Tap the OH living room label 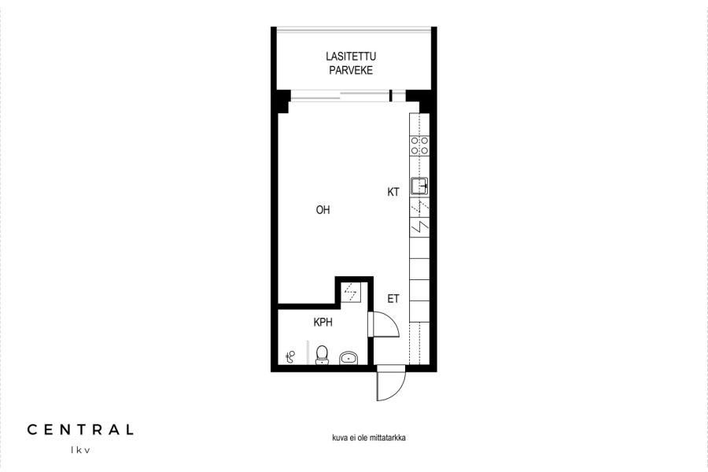pyautogui.click(x=323, y=210)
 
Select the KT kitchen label pyautogui.click(x=393, y=192)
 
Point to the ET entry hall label pyautogui.click(x=393, y=299)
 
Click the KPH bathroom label pyautogui.click(x=323, y=322)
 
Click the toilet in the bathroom pyautogui.click(x=322, y=355)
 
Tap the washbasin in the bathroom pyautogui.click(x=348, y=358)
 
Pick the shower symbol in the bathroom pyautogui.click(x=291, y=357)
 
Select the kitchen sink pyautogui.click(x=419, y=186)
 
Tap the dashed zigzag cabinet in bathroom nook pyautogui.click(x=350, y=292)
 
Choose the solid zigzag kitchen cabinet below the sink pyautogui.click(x=419, y=226)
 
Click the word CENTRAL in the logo pyautogui.click(x=80, y=430)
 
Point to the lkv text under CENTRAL pyautogui.click(x=80, y=450)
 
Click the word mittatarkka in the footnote pyautogui.click(x=387, y=437)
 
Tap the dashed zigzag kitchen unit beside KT pyautogui.click(x=419, y=206)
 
